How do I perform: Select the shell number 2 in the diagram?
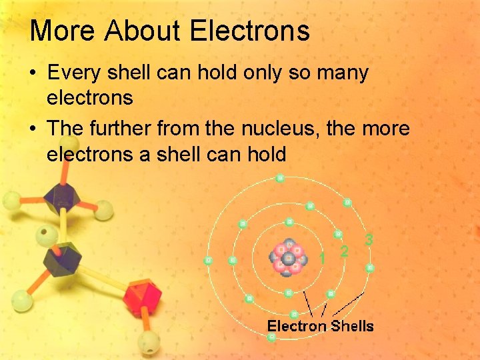[344, 251]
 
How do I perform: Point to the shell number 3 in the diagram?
[369, 239]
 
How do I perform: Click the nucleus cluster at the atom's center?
[288, 257]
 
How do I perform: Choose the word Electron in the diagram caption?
[297, 326]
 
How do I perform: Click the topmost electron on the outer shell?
[280, 178]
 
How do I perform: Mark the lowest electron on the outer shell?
[272, 338]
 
